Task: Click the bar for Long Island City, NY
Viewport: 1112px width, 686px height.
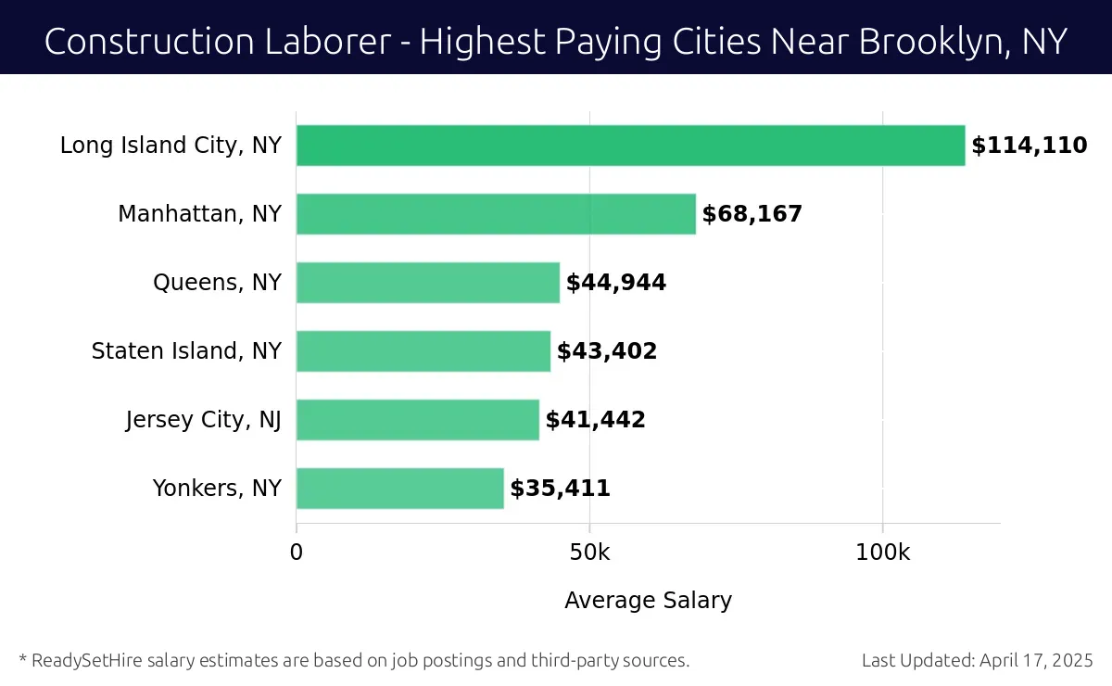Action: tap(630, 146)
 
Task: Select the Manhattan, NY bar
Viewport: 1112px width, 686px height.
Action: tap(496, 214)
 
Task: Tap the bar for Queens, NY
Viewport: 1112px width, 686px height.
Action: tap(428, 283)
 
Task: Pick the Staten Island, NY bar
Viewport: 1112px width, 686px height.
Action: tap(423, 351)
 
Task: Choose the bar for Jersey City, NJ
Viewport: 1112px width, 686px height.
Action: tap(418, 420)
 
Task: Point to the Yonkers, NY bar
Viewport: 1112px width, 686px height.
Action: tap(400, 489)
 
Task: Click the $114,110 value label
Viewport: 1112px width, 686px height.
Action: tap(1029, 146)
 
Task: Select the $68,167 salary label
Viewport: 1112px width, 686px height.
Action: tap(752, 214)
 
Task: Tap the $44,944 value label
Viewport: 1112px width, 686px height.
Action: tap(616, 283)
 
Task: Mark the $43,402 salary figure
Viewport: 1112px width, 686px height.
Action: tap(607, 351)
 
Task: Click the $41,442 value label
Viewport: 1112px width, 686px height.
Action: tap(595, 420)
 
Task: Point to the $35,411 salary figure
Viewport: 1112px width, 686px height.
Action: tap(560, 489)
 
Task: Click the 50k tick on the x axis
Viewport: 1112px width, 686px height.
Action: tap(589, 553)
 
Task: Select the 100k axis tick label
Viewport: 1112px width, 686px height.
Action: tap(882, 553)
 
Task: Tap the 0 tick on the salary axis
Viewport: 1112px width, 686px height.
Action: tap(297, 553)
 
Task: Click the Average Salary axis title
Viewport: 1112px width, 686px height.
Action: tap(648, 601)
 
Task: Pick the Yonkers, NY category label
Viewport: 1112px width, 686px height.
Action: tap(217, 489)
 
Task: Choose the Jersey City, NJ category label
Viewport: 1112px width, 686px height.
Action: tap(204, 420)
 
